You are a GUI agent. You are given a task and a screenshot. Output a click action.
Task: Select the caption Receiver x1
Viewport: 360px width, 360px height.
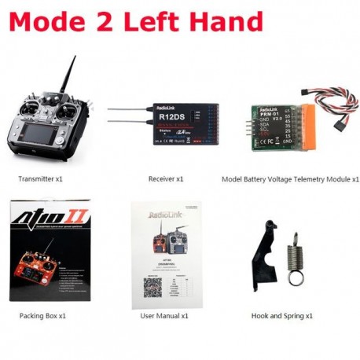[165, 179]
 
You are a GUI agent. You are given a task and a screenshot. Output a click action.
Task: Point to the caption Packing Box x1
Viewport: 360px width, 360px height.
[43, 315]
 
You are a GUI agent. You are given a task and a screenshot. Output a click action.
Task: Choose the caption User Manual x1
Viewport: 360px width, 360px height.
[164, 315]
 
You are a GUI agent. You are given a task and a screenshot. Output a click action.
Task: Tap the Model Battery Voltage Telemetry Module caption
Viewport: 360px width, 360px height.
[290, 179]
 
